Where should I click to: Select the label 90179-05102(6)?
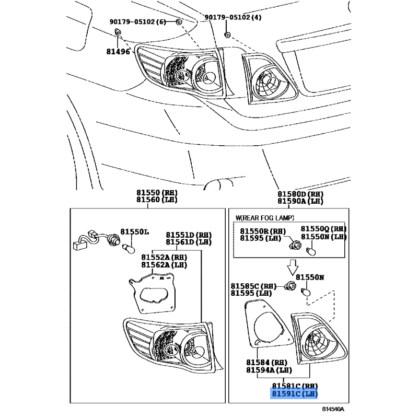point(137,21)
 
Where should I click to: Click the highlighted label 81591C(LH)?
point(294,393)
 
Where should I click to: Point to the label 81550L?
point(135,231)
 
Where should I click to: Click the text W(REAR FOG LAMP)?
point(265,217)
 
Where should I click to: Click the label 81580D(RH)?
point(300,193)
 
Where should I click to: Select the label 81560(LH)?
point(157,200)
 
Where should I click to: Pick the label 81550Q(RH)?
point(323,229)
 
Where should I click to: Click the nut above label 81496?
point(117,33)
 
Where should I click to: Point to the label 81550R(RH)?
point(263,231)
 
